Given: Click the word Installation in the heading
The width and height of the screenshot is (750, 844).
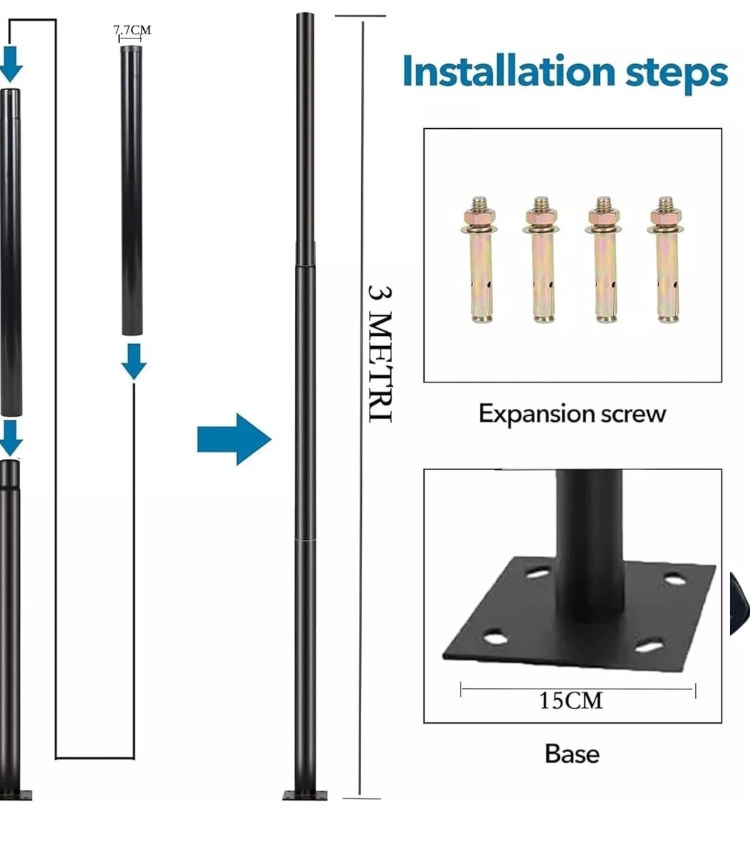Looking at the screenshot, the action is (x=509, y=71).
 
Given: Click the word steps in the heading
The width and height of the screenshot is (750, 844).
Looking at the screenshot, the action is (x=676, y=74).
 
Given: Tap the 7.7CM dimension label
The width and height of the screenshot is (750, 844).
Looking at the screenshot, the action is (x=132, y=30).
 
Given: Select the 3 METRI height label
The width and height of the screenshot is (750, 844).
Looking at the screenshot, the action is (x=380, y=354).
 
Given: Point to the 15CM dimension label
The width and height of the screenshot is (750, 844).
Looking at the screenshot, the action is (x=571, y=701).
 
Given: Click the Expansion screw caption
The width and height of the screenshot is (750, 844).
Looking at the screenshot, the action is (x=573, y=414).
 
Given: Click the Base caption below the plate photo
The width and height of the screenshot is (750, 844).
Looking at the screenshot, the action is (x=572, y=754).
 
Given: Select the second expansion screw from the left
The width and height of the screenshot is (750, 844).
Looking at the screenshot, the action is (x=541, y=259).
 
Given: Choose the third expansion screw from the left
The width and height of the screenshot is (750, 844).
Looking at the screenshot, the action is (x=603, y=259).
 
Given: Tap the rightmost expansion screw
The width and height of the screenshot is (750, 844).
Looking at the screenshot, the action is (x=665, y=259).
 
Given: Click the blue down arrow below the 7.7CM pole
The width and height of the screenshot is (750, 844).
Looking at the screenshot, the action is (x=134, y=362).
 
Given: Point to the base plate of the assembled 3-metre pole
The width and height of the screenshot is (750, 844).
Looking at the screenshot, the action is (x=305, y=795).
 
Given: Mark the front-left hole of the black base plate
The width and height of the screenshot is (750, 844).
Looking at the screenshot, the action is (x=495, y=639).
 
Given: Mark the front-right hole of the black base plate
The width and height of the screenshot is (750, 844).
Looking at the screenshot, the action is (x=649, y=645).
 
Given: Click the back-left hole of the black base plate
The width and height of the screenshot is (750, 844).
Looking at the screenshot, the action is (x=538, y=573).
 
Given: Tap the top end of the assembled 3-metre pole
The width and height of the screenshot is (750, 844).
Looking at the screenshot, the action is (x=306, y=14).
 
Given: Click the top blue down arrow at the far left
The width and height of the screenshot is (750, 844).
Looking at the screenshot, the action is (x=10, y=63).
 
